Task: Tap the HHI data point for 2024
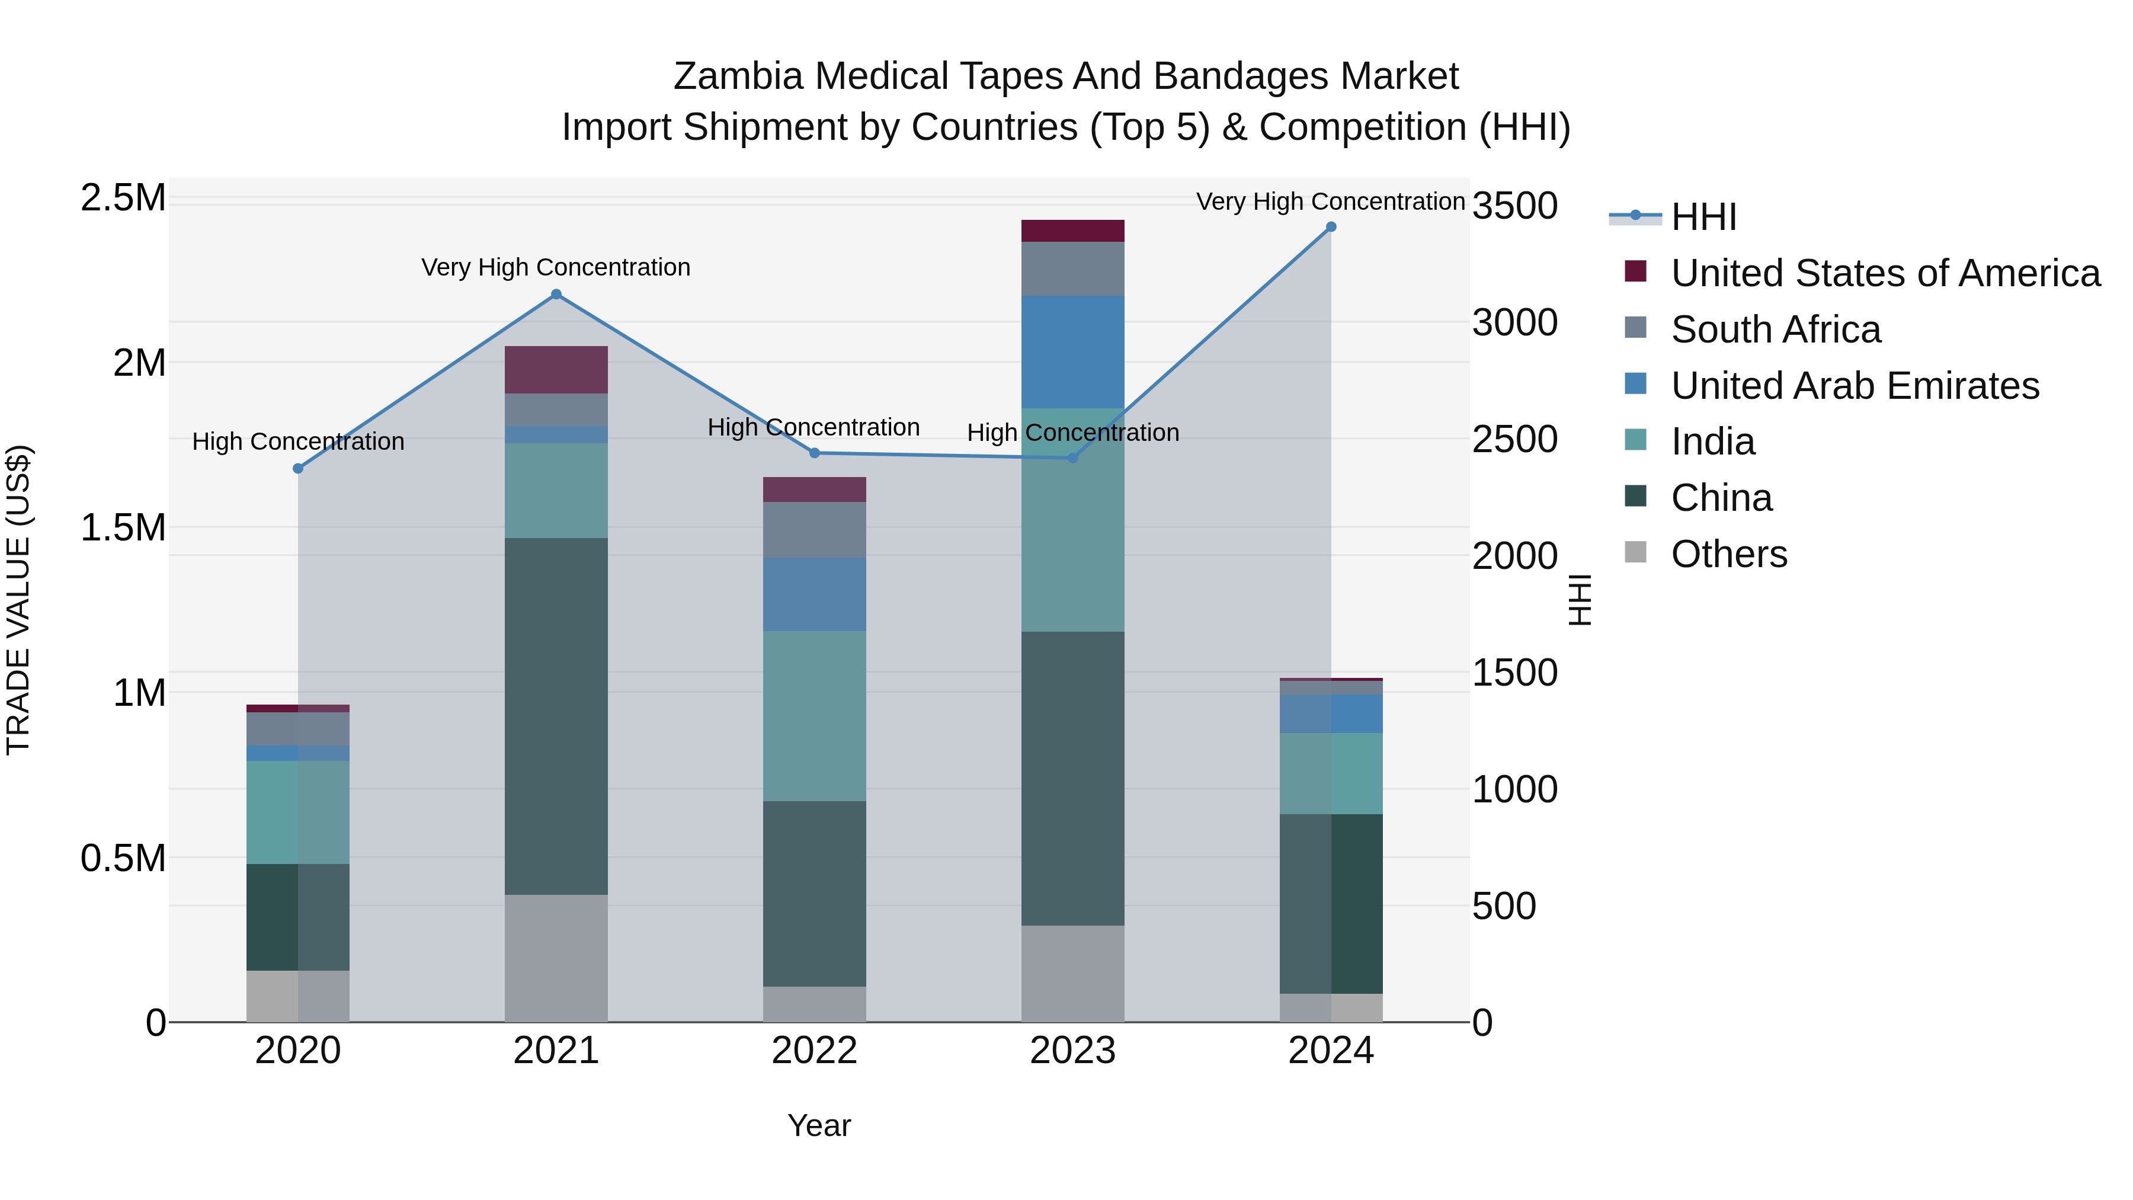[1331, 227]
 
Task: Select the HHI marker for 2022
[815, 453]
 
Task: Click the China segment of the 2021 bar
[556, 716]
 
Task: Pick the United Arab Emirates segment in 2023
[1072, 352]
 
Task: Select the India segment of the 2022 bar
[815, 716]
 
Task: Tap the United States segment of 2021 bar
[556, 369]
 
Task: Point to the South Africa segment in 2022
[815, 530]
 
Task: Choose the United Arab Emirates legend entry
[1855, 386]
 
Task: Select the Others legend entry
[1729, 554]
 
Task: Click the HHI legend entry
[1703, 217]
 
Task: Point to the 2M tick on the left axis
[139, 363]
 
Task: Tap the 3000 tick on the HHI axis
[1514, 323]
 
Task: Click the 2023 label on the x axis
[1072, 1051]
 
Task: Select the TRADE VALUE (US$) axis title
[18, 600]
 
